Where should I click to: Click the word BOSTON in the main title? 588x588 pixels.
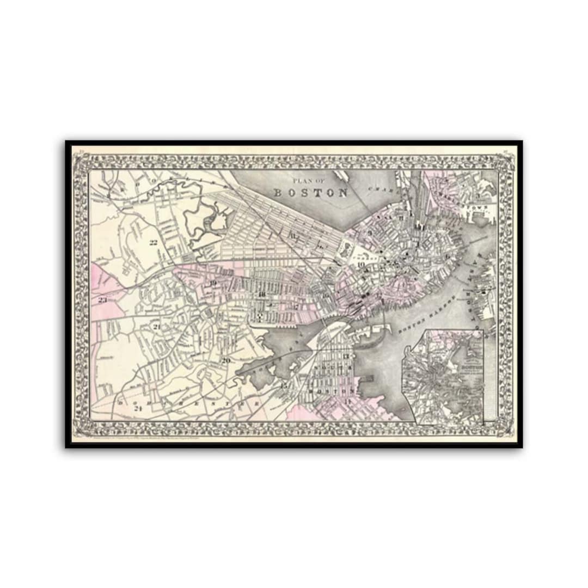[311, 193]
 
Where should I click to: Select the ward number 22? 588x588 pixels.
[154, 242]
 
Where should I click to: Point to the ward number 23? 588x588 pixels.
[102, 299]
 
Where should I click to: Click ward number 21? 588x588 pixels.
[156, 327]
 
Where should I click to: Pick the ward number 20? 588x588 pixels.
[226, 360]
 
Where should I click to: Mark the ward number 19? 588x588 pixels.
[213, 283]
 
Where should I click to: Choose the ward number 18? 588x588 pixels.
[262, 295]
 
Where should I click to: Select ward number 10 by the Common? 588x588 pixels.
[361, 265]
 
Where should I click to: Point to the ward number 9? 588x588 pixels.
[370, 233]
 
